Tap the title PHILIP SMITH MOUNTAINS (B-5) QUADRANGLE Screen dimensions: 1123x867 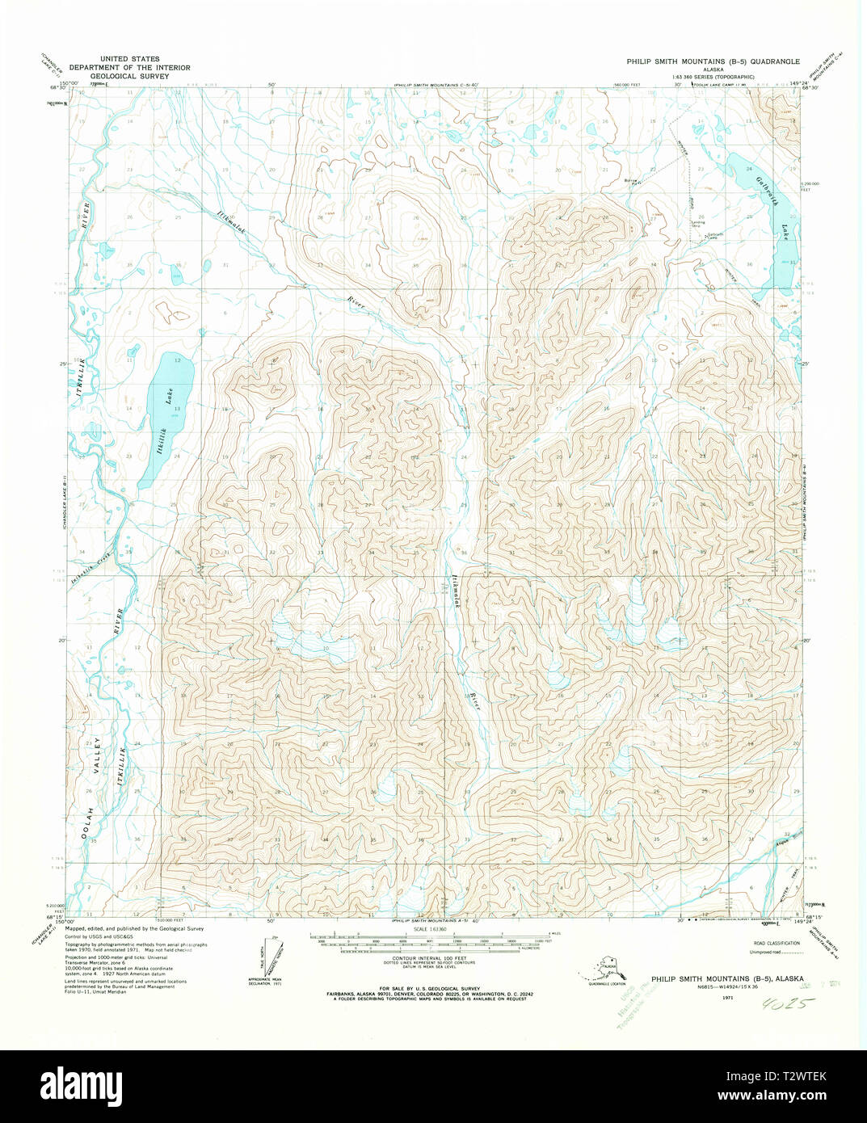tap(713, 61)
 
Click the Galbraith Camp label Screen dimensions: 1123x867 tap(701, 237)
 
